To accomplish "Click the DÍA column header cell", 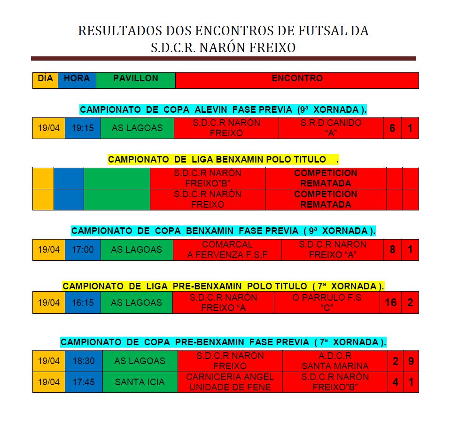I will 45,80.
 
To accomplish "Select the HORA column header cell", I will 77,80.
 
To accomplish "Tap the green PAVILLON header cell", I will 135,80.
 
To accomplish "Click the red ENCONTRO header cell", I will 297,80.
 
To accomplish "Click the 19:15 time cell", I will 83,128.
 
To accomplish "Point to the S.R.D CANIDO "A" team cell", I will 331,128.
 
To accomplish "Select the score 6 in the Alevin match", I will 392,128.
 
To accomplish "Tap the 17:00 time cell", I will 83,249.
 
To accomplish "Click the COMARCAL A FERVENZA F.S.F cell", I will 227,249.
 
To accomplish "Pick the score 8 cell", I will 392,249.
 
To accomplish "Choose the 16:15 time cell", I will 83,303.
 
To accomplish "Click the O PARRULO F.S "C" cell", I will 327,303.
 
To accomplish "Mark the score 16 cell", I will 390,303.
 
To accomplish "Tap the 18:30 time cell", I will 84,361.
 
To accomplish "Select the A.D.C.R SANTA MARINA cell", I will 335,361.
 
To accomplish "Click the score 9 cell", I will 411,361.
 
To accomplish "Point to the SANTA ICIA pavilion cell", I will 140,382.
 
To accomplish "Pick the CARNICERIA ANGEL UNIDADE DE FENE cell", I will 230,382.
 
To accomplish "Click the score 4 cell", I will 396,382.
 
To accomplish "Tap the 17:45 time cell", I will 84,382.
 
